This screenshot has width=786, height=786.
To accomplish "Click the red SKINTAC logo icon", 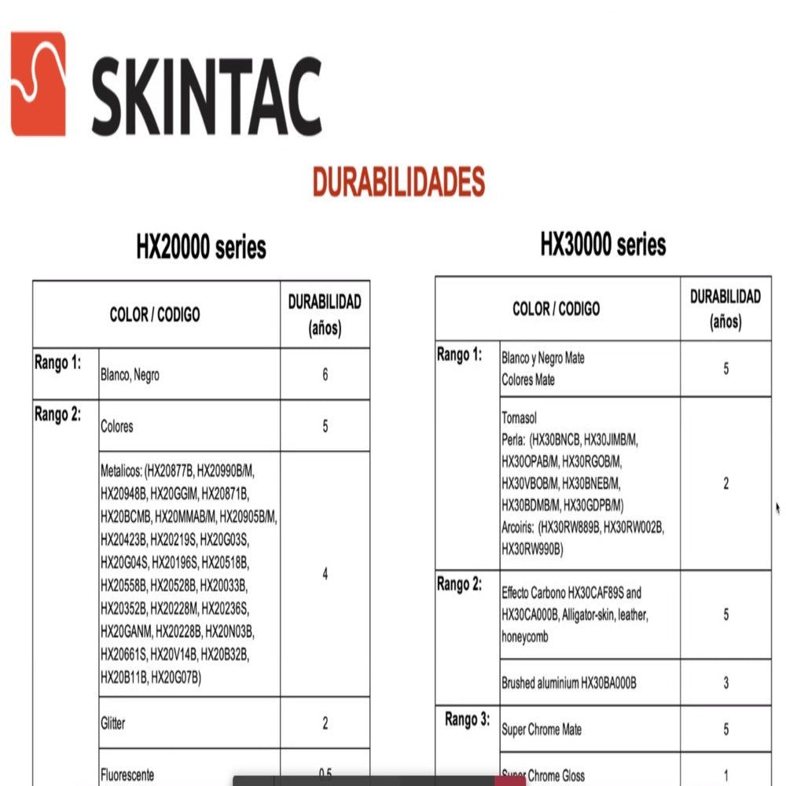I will click(38, 83).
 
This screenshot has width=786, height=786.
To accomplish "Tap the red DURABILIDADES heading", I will click(399, 182).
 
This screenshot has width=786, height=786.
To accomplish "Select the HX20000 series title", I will click(201, 247).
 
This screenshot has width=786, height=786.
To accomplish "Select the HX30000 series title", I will click(603, 244).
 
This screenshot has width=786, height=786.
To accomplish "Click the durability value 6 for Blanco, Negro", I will click(325, 375).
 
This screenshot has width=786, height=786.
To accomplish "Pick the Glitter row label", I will click(113, 723).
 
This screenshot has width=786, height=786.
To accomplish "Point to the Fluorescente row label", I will click(127, 774).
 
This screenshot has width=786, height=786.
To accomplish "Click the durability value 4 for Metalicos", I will click(325, 574).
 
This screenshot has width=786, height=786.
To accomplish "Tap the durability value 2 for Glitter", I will click(325, 723).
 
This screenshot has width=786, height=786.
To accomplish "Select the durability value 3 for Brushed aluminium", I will click(725, 683).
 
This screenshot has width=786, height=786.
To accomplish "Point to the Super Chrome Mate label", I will click(542, 729).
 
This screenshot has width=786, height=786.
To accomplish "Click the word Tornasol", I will click(519, 418).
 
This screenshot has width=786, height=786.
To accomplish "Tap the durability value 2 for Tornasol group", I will click(725, 483).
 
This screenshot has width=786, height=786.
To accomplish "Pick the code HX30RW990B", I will click(532, 549).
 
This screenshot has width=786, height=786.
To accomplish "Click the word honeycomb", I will click(525, 637).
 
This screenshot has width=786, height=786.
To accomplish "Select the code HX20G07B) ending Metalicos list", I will click(176, 676).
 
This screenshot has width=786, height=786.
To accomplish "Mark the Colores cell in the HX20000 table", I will click(117, 427).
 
